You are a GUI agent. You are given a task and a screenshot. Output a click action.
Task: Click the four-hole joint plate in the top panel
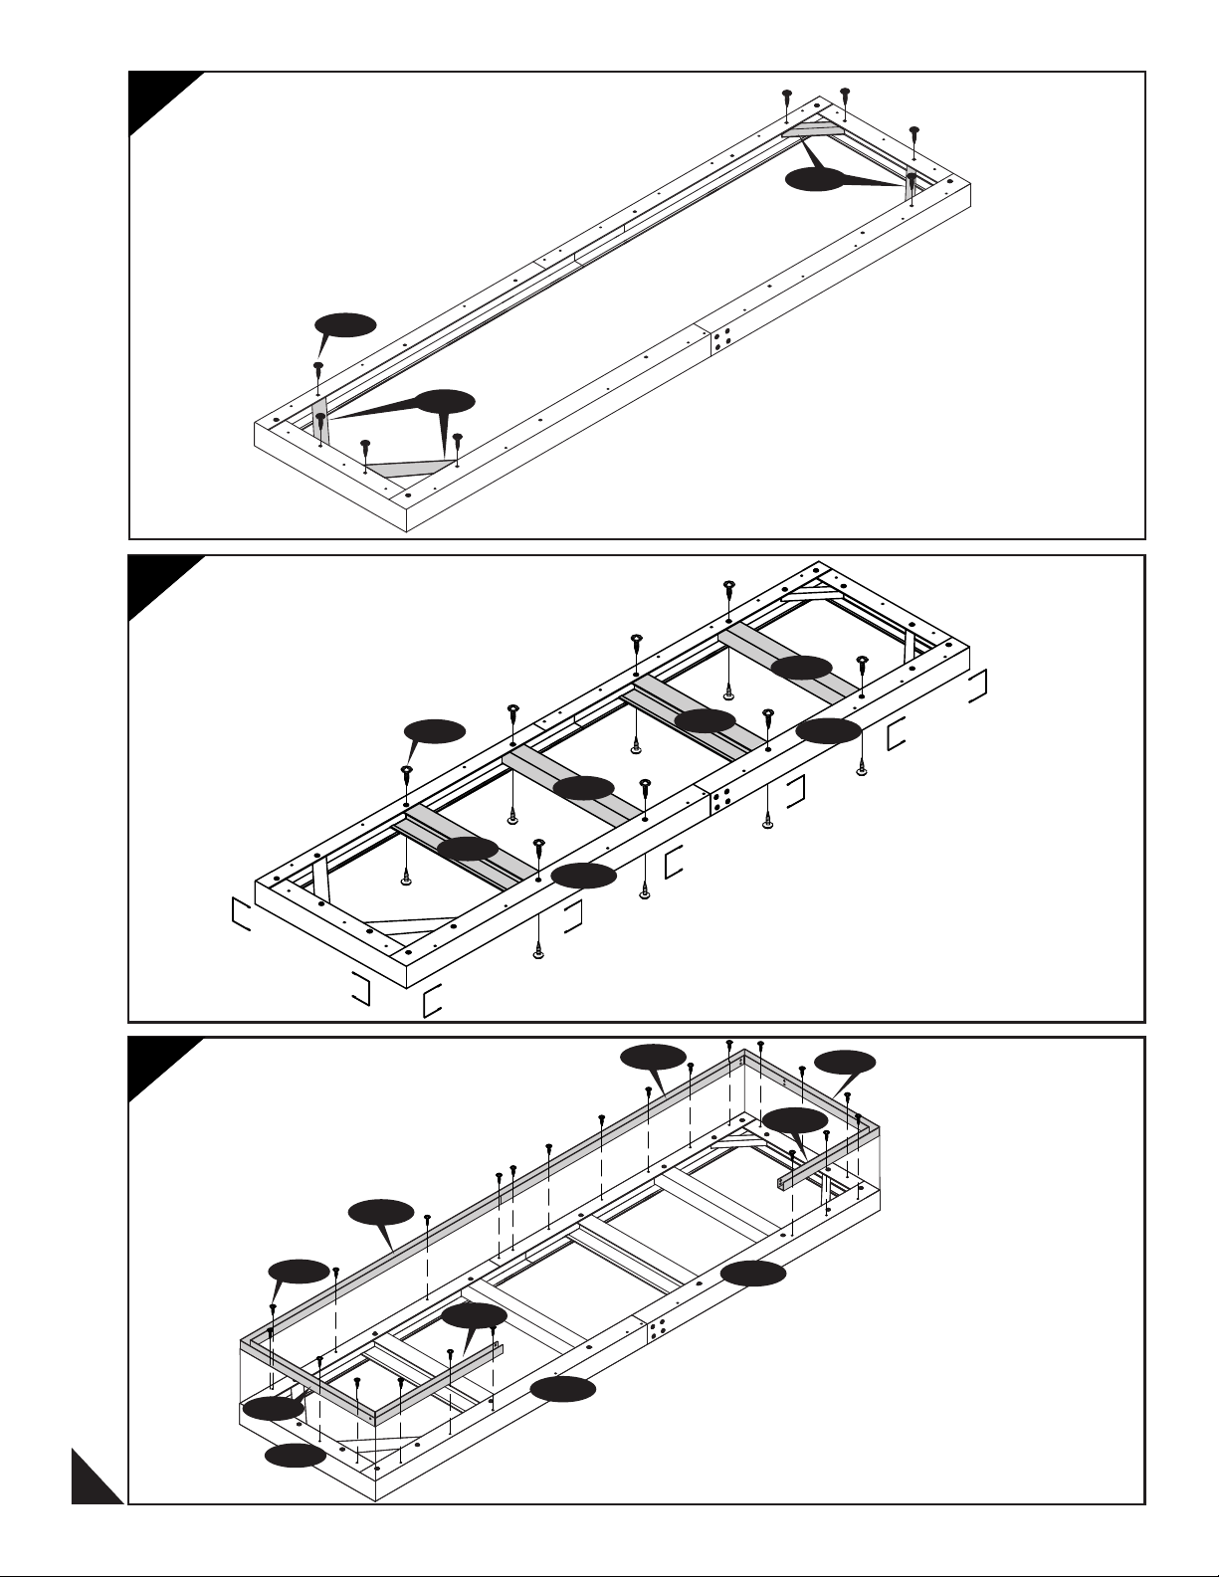[722, 339]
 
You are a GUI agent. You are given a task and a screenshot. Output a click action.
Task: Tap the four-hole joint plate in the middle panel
[722, 799]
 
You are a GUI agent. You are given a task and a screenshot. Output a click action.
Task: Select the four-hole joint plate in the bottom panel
[657, 1331]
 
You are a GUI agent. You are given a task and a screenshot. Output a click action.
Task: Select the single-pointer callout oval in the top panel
[345, 324]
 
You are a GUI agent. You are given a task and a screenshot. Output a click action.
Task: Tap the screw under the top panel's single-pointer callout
[317, 369]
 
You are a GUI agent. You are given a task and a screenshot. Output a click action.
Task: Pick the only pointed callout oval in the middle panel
[435, 731]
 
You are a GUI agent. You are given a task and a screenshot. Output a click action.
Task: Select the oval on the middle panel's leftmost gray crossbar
[468, 849]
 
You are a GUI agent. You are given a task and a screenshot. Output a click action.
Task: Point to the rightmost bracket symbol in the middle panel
[979, 686]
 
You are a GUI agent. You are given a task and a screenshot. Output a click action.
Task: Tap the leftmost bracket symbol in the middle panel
[240, 912]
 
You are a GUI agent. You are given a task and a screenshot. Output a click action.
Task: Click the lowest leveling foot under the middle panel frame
[538, 952]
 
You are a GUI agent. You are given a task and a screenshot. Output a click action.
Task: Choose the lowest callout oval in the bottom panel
[295, 1457]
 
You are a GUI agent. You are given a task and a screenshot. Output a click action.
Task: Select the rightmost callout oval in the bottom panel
[845, 1063]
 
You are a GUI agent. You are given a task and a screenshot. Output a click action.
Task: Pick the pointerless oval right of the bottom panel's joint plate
[753, 1273]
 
